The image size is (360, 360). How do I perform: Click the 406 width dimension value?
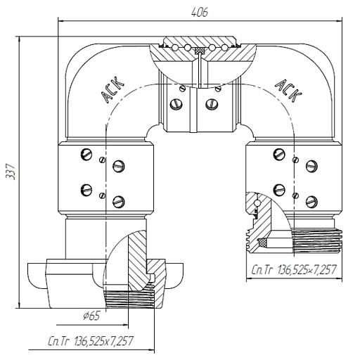[200, 12]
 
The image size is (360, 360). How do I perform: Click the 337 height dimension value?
[11, 172]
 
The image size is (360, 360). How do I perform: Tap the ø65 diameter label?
[91, 316]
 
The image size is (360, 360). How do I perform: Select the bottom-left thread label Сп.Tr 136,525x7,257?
[91, 341]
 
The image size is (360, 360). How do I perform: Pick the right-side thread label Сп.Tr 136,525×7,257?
[294, 269]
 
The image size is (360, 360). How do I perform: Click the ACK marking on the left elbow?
[112, 90]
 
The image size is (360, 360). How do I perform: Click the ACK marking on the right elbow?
[288, 91]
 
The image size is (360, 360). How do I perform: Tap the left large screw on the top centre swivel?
[176, 104]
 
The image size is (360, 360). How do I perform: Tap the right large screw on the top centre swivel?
[212, 104]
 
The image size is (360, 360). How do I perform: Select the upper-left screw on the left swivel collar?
[86, 154]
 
